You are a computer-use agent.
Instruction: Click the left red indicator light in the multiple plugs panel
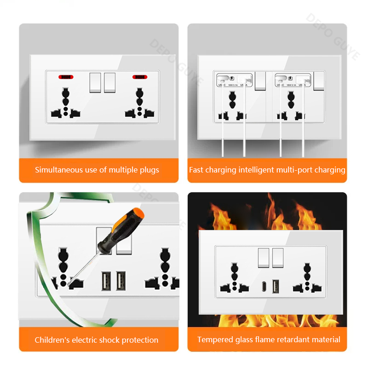(x=66, y=76)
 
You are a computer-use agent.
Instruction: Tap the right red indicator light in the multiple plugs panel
(x=139, y=76)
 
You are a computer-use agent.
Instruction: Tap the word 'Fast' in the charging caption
(x=196, y=170)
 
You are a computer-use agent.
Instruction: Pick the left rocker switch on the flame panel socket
(x=264, y=258)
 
